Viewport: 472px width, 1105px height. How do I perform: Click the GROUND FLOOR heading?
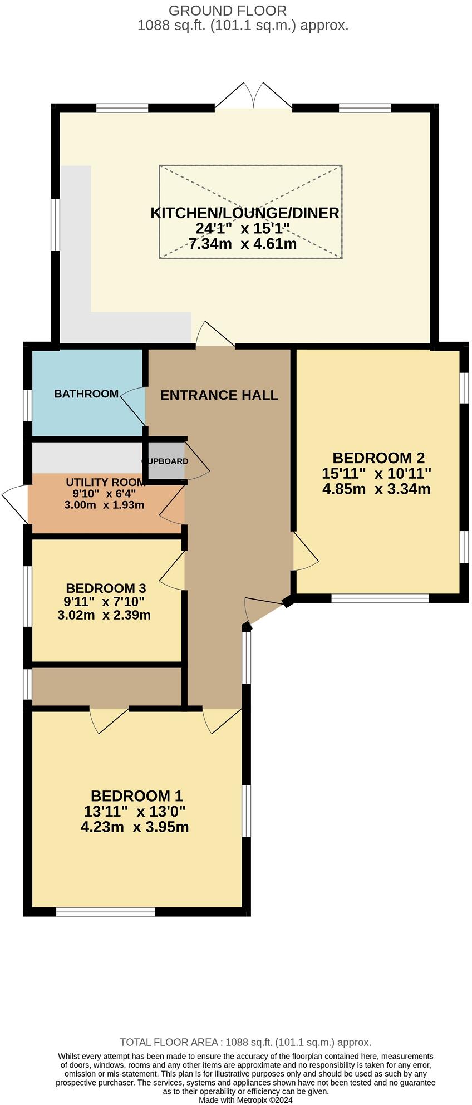coord(228,11)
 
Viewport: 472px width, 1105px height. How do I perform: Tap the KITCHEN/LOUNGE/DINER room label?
coord(245,213)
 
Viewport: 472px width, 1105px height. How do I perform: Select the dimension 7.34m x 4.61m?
coord(243,244)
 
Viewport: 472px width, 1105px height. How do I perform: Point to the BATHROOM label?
coord(86,394)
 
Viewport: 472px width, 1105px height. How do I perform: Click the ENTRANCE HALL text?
coord(219,395)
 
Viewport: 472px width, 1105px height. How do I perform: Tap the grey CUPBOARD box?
coord(165,461)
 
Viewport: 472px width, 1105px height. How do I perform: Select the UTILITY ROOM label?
coord(106,482)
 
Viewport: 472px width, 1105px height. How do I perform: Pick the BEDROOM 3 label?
coord(106,588)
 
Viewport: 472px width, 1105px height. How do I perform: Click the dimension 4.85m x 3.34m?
coord(376,489)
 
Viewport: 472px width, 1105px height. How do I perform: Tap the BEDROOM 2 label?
coord(378,458)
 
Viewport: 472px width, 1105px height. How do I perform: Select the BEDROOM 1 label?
coord(136,796)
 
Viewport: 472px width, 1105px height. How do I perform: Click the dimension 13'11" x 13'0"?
coord(135,812)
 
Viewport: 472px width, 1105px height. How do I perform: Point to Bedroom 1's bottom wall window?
coord(106,911)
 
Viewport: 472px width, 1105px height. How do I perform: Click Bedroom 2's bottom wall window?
coord(380,598)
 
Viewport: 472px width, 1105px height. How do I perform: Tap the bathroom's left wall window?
coord(27,405)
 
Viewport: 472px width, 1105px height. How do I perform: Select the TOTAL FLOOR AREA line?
coord(245,1043)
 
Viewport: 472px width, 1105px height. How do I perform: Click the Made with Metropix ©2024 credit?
coord(245,1100)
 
